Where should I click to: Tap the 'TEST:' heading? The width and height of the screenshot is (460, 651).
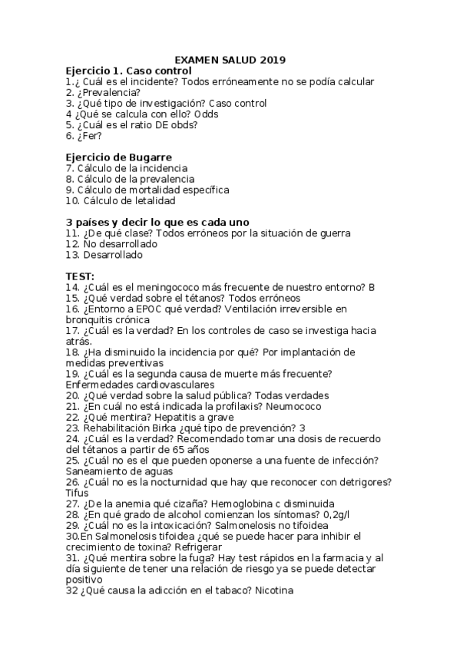(81, 276)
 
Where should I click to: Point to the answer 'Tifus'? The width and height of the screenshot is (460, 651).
(78, 492)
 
